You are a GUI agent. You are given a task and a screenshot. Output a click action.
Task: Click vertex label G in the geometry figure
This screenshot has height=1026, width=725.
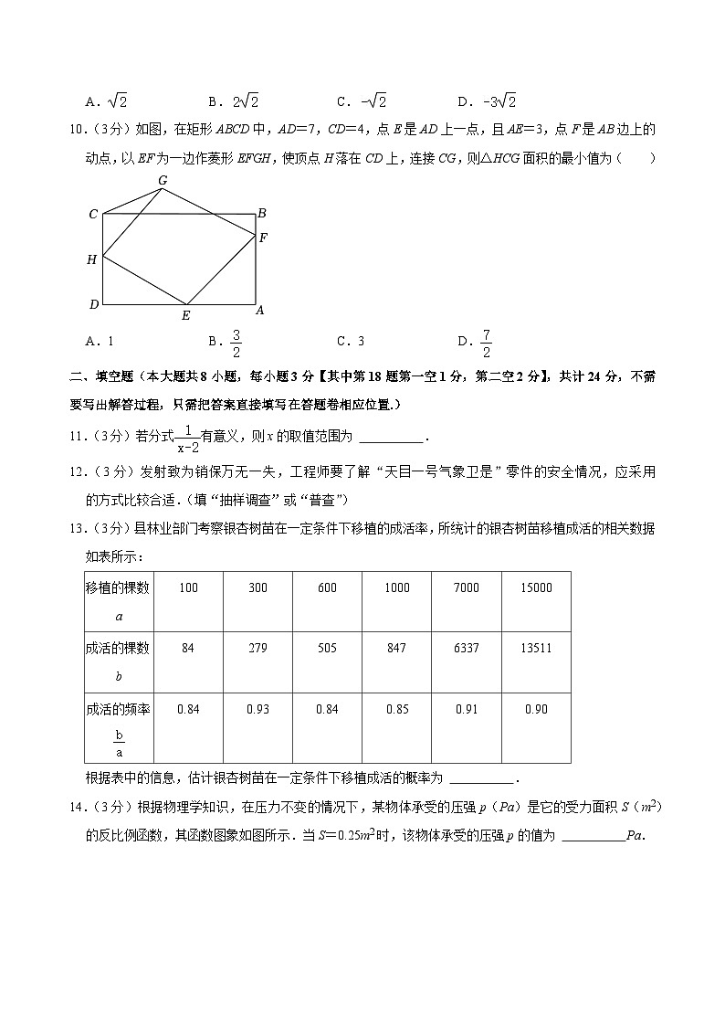(x=163, y=180)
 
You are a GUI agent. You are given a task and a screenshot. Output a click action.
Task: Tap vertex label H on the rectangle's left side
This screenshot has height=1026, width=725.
(x=91, y=260)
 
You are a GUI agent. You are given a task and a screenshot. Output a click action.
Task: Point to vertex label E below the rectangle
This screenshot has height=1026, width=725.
(x=185, y=316)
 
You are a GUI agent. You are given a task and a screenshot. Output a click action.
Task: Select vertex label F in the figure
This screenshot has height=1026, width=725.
(x=263, y=238)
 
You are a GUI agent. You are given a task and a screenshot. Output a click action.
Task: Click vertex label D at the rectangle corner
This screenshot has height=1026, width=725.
(x=93, y=304)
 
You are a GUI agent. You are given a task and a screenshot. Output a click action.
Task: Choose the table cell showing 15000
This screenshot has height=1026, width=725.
(x=536, y=588)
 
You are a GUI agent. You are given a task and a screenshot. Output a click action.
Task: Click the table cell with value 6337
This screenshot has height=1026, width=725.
(x=466, y=649)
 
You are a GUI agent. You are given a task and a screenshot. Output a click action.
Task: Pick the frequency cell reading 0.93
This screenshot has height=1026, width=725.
(x=257, y=709)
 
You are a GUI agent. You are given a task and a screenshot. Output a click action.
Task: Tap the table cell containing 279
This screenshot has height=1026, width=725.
(x=257, y=649)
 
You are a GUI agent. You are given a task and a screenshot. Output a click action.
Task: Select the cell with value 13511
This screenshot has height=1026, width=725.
(x=536, y=649)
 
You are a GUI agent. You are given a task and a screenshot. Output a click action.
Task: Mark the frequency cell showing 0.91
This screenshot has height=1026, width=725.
(x=466, y=709)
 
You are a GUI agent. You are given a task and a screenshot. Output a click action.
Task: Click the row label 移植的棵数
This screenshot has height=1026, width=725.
(x=119, y=588)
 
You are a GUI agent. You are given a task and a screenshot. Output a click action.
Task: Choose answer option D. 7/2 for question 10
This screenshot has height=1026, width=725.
(x=476, y=342)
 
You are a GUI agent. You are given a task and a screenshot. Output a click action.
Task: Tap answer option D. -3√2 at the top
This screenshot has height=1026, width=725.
(x=488, y=101)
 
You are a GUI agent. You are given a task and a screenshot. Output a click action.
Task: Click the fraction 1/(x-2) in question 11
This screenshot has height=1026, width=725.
(x=187, y=439)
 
